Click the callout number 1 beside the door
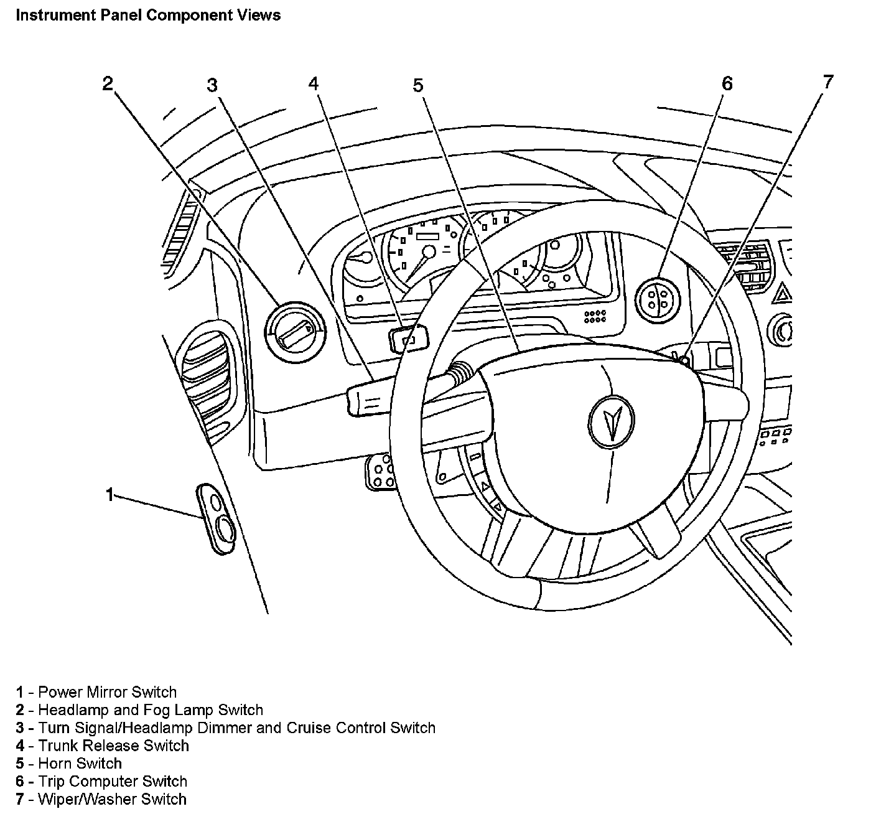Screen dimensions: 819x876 click(x=110, y=495)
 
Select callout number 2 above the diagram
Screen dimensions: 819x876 click(x=108, y=84)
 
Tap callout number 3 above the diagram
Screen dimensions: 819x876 click(x=213, y=85)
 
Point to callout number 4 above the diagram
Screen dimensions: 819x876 click(x=314, y=84)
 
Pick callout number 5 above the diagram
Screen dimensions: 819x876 click(x=417, y=85)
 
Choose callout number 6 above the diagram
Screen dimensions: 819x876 click(x=727, y=84)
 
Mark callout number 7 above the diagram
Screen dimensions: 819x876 click(x=827, y=82)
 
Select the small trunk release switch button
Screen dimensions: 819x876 click(x=409, y=339)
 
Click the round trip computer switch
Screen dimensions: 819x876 click(x=658, y=297)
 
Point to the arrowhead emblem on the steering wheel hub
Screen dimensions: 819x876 click(x=610, y=421)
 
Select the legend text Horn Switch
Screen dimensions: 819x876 click(x=80, y=764)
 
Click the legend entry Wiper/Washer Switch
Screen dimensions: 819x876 click(x=112, y=800)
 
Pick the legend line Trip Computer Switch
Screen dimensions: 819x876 click(x=113, y=782)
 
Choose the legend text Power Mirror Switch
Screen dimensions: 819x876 click(x=107, y=692)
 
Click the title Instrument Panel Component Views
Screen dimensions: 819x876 click(x=148, y=15)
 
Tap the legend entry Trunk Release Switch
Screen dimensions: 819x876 click(x=113, y=746)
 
